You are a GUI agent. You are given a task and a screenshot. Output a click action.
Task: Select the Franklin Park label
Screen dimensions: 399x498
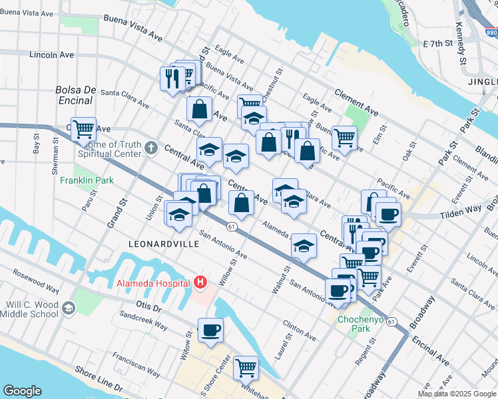pos(87,180)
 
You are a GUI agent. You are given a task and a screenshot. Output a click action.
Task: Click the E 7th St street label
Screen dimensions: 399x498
pos(437,43)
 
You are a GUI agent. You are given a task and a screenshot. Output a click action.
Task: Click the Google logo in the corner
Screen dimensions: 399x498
pos(22,391)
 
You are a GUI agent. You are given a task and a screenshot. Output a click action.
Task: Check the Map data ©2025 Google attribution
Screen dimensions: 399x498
pos(457,394)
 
